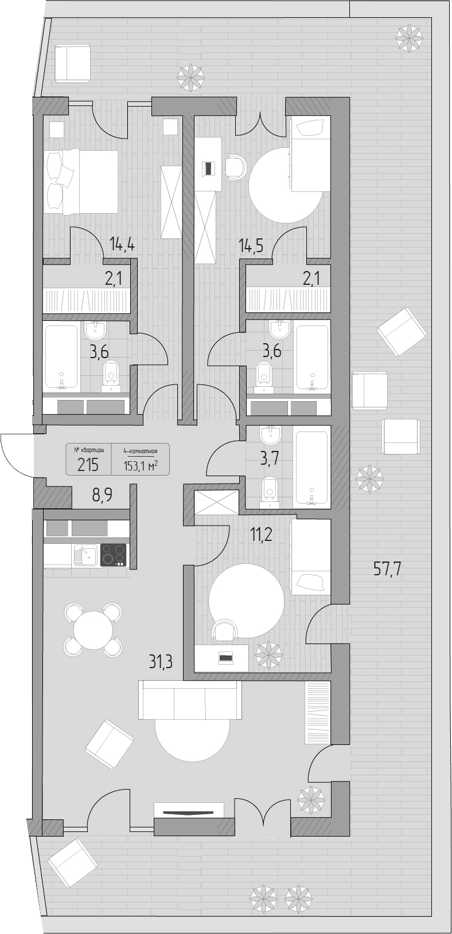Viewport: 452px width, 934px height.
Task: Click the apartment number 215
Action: (88, 465)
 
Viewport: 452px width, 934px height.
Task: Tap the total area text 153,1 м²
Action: (140, 466)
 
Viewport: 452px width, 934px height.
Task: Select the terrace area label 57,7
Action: (387, 569)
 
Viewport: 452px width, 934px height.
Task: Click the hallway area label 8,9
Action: (103, 497)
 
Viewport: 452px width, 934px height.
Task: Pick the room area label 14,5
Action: (251, 244)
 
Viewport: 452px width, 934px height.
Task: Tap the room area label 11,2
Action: (261, 533)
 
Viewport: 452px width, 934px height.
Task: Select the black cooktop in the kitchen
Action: (113, 555)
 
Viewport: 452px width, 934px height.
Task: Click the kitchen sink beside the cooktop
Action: (86, 555)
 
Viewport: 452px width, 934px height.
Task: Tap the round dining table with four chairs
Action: (93, 630)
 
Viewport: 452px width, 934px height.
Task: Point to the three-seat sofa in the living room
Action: (190, 700)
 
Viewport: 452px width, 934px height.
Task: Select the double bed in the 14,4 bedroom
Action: (80, 182)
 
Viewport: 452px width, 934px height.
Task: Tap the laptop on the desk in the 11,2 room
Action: (225, 658)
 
